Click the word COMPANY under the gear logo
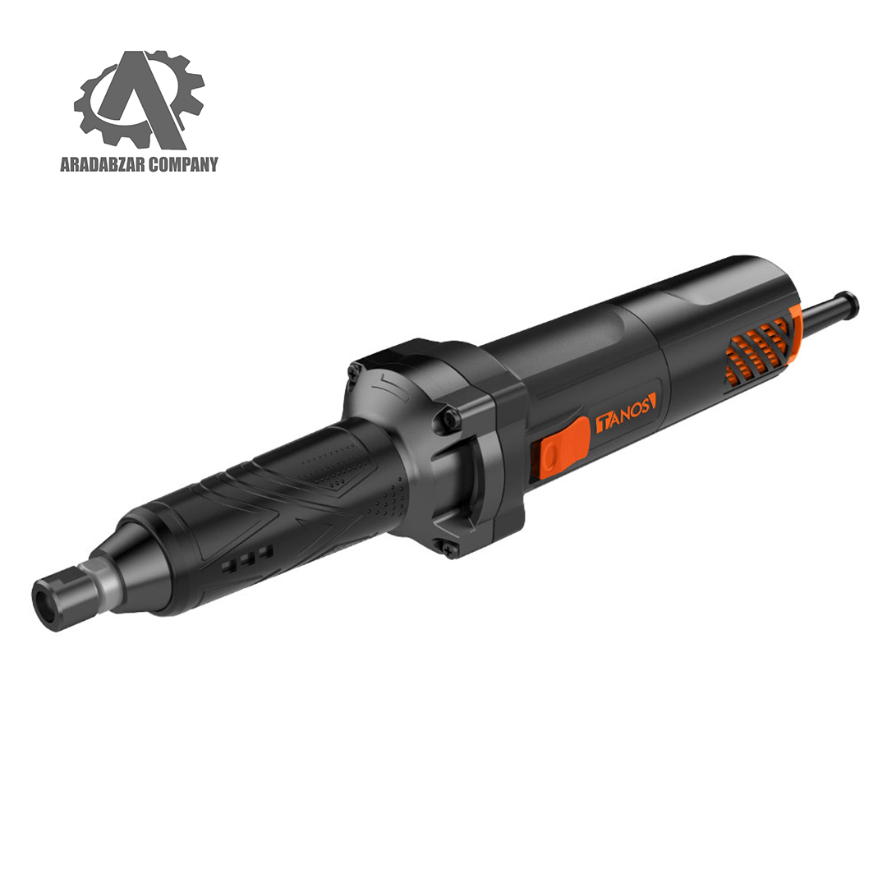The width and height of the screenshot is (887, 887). [x=182, y=164]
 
